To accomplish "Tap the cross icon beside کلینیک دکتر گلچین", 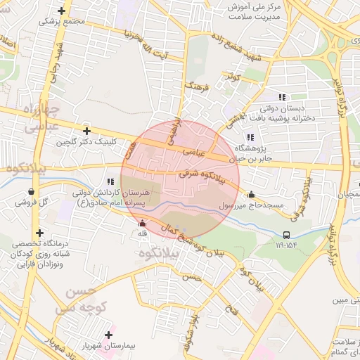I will click(86, 131).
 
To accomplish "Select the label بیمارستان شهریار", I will click(104, 347).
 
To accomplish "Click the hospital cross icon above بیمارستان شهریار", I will click(108, 335).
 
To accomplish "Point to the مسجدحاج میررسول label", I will click(252, 206).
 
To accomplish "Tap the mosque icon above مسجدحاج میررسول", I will click(251, 195).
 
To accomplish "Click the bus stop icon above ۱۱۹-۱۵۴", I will click(286, 236).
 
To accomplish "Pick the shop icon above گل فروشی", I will click(31, 191).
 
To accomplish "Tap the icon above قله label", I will click(143, 224).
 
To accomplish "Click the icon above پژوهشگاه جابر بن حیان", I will click(249, 137).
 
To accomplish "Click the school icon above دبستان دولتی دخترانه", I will click(282, 97).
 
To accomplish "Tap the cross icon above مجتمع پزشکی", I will click(63, 11).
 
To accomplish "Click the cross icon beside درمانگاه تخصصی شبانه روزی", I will click(40, 233).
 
